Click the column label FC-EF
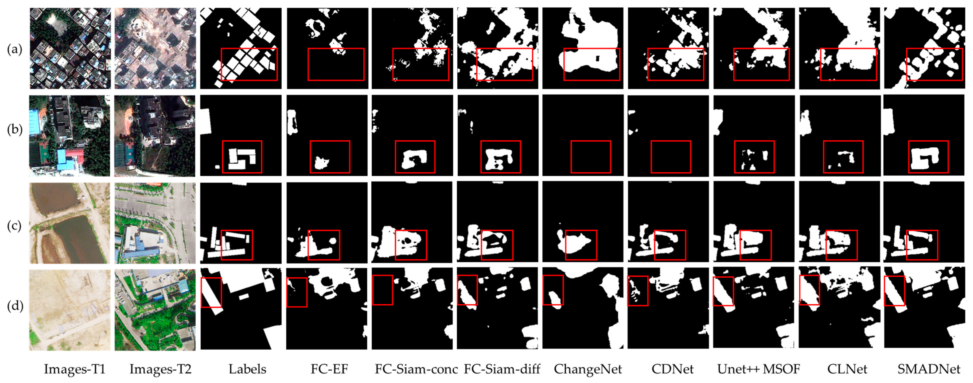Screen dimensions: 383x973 point(329,369)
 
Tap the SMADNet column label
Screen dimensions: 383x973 point(928,369)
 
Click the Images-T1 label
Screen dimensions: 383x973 point(74,369)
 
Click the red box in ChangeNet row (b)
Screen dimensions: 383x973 point(590,157)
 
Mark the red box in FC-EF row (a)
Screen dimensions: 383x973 point(336,64)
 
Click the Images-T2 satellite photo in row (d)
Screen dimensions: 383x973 point(155,310)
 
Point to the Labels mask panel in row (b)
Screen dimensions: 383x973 point(241,135)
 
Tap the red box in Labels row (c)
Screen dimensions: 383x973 point(237,245)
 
